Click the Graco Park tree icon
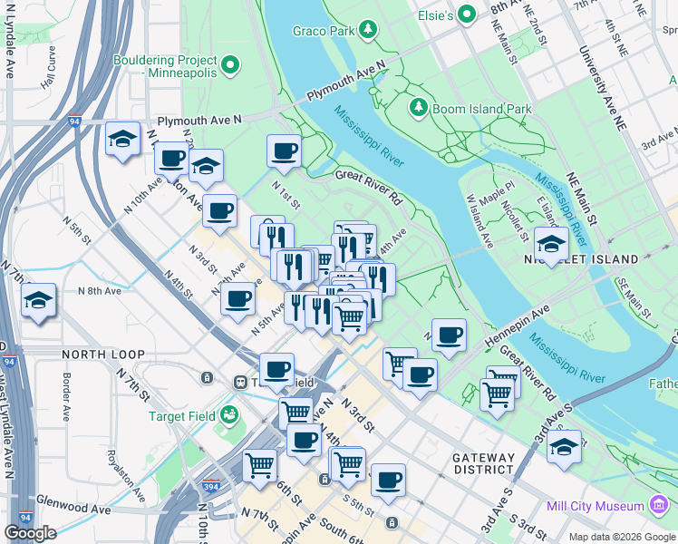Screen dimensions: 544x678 pos(368,31)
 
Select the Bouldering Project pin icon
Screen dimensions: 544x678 pos(229,63)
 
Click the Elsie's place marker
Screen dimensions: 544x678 pos(467,14)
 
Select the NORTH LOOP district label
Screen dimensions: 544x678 pos(98,353)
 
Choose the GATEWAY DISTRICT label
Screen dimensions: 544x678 pos(484,463)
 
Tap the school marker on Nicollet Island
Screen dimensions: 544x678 pos(551,242)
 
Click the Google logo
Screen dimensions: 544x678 pos(30,533)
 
